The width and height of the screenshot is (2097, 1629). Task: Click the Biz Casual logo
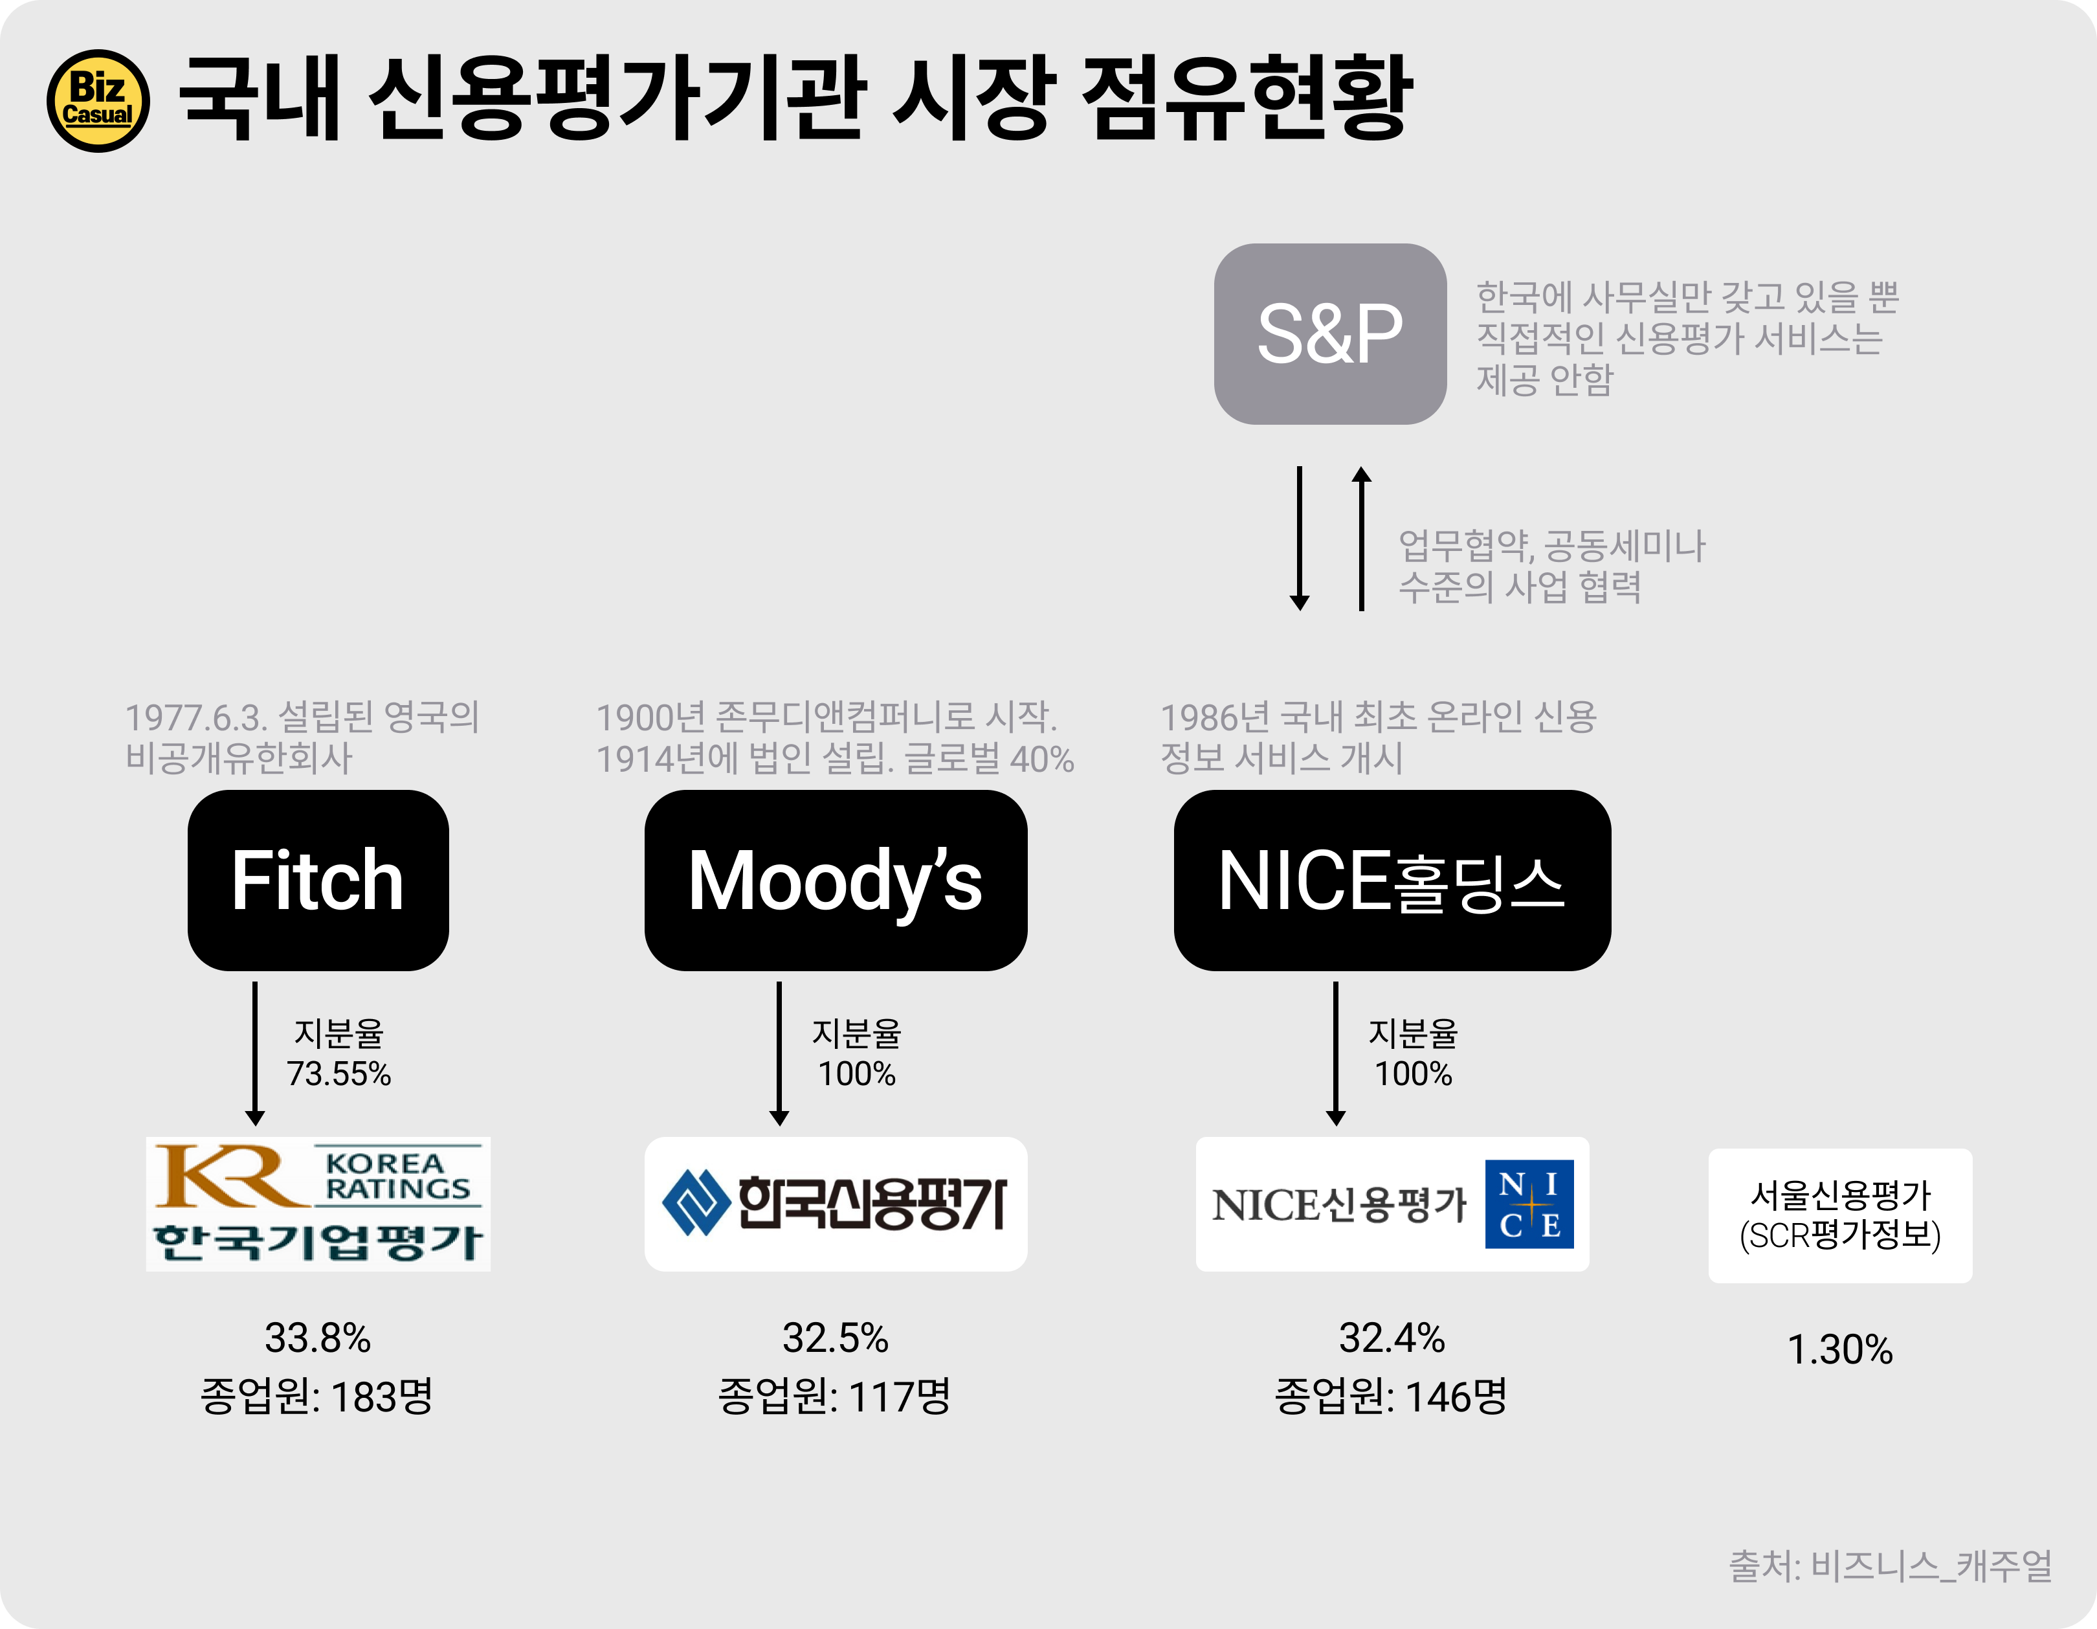(98, 101)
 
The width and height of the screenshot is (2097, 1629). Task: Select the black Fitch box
(318, 880)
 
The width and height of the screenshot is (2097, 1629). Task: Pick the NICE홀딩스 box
(1392, 880)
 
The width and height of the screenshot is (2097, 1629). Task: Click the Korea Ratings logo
(318, 1204)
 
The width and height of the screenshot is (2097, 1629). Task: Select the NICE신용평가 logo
(1392, 1204)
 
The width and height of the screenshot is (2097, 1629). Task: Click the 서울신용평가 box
(1839, 1215)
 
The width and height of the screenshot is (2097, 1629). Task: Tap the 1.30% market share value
(1839, 1349)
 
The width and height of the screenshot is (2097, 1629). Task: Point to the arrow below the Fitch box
(254, 1053)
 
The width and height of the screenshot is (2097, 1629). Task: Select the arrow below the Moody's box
(779, 1053)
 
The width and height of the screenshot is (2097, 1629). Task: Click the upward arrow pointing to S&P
(1360, 538)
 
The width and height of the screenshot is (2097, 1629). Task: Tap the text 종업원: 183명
(317, 1396)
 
